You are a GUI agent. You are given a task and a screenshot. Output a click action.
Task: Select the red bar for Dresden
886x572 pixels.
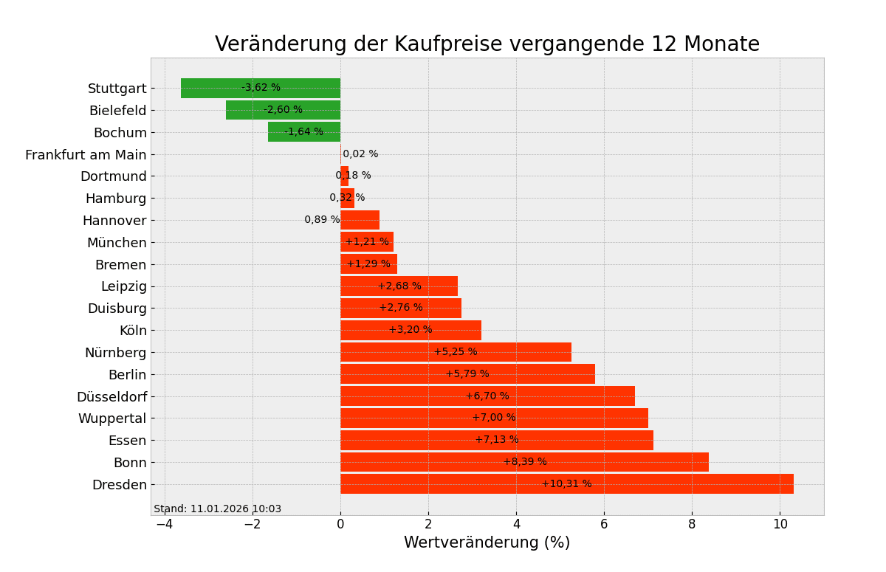664,484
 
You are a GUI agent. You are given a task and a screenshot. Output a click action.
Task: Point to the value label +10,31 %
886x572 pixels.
566,484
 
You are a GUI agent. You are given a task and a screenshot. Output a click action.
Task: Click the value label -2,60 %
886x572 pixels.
283,110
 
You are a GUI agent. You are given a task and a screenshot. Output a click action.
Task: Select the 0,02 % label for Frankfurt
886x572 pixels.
360,154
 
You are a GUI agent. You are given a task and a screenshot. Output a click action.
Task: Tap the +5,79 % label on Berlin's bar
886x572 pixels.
467,374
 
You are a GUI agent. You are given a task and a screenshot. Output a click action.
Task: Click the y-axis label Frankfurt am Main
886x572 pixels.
86,155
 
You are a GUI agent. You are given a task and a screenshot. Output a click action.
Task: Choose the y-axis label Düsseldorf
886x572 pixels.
111,397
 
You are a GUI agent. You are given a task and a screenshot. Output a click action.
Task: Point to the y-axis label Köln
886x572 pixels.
133,331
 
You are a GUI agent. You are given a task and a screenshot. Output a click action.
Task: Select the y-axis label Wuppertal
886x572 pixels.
112,418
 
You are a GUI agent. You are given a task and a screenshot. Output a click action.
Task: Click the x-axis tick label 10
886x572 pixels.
780,525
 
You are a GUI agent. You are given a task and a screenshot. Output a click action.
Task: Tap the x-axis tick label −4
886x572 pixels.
165,525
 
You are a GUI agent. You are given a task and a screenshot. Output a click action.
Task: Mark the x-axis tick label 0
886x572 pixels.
340,525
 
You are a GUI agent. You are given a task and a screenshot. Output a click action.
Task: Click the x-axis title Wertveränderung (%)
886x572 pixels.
487,543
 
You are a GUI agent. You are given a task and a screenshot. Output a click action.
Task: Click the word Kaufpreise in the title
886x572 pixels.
433,45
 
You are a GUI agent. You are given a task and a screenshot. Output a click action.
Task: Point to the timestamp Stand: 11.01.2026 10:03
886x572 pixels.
217,509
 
